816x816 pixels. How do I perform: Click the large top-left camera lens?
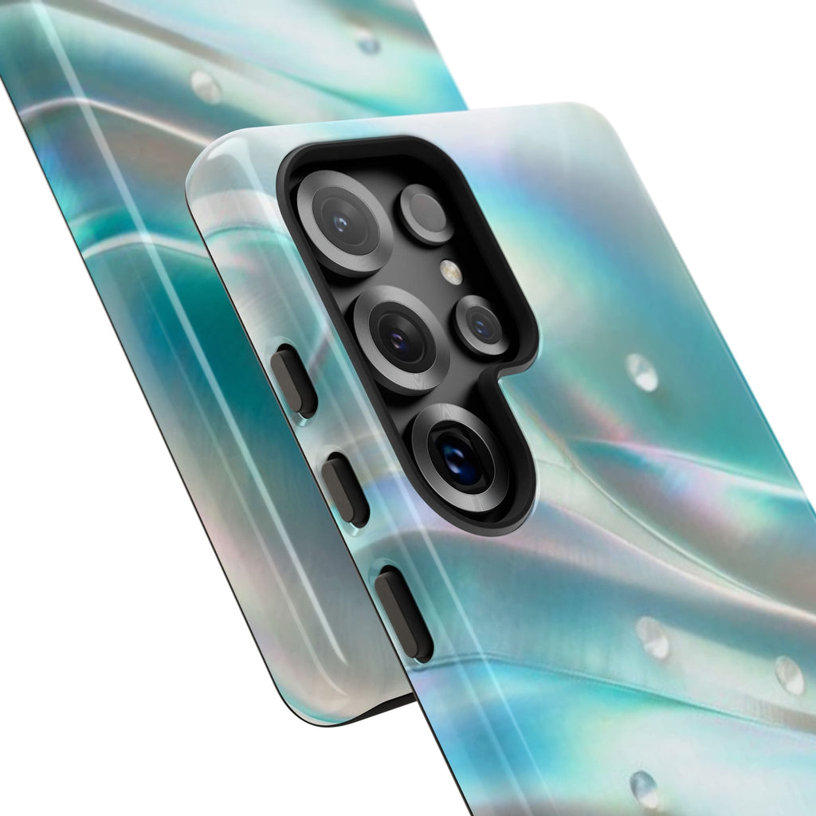[343, 222]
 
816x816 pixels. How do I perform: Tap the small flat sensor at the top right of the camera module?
[426, 214]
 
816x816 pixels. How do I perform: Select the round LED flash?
[451, 272]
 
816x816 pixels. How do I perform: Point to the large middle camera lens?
[401, 339]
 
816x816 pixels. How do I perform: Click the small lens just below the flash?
[482, 325]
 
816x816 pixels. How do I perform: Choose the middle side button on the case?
[344, 489]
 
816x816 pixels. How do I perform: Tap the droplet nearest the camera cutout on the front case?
[642, 372]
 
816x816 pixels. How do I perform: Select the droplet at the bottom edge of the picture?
[644, 789]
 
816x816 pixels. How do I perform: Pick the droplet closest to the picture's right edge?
[789, 675]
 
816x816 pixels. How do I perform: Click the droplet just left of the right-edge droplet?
[653, 637]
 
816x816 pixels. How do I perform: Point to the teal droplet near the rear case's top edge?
[367, 41]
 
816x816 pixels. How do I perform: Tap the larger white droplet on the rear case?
[206, 86]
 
